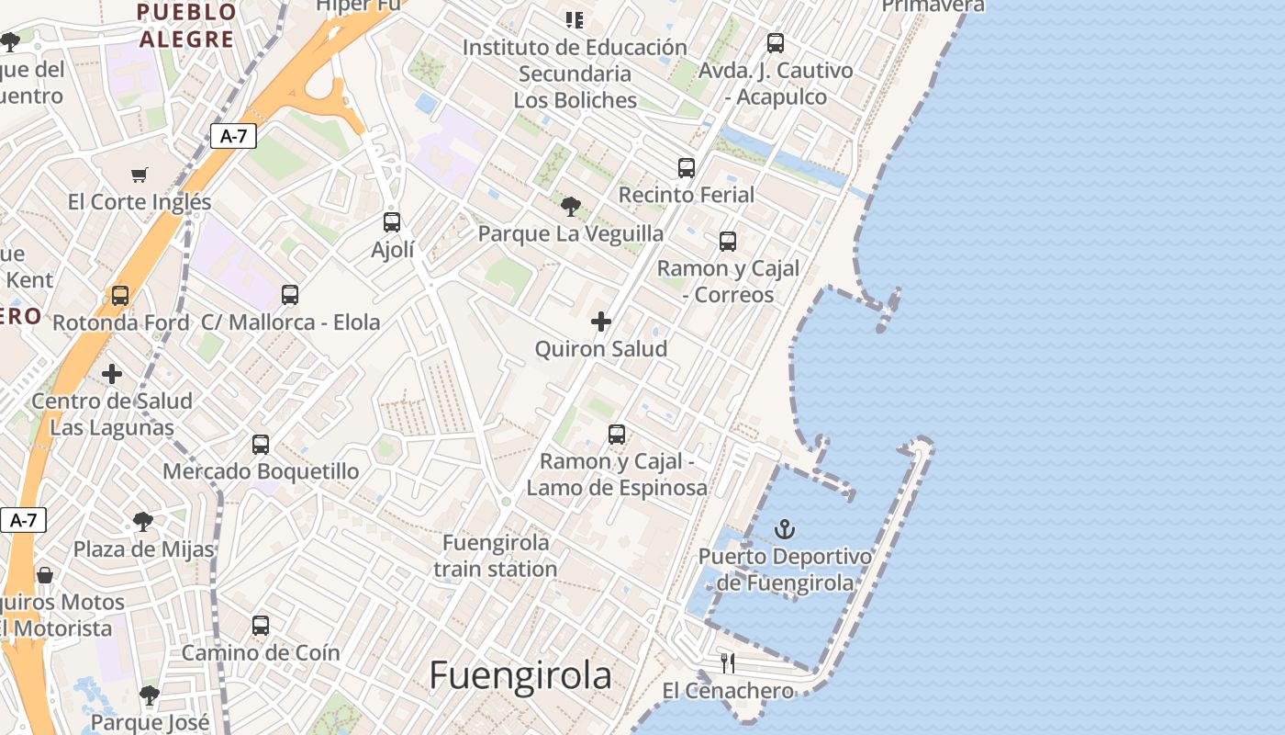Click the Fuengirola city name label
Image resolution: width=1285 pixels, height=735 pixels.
520,675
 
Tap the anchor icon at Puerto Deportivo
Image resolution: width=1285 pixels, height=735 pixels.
785,529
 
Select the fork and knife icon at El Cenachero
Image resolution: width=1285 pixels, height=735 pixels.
728,662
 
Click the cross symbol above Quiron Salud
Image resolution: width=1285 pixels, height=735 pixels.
601,322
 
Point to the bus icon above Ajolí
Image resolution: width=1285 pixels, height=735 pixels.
392,222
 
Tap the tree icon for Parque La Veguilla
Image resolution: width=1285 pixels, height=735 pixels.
571,206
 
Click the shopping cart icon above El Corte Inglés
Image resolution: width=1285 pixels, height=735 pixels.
140,175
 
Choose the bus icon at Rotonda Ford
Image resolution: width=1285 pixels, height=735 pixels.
120,296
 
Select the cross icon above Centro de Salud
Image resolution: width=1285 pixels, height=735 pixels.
112,374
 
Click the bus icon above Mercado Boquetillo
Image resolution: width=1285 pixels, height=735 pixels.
261,445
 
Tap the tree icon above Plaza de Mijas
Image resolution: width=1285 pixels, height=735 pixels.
143,522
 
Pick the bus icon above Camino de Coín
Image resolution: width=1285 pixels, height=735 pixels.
261,626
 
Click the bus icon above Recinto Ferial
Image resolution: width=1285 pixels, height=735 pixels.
687,167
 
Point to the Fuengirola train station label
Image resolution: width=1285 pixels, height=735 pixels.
496,556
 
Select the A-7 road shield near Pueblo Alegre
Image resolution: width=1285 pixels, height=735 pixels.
234,137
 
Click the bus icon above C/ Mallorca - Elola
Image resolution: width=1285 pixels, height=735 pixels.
290,295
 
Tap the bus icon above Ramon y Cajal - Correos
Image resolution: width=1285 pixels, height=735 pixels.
728,242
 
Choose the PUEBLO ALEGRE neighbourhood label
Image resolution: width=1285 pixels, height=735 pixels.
185,26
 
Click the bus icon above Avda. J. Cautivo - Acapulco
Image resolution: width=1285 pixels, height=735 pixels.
776,43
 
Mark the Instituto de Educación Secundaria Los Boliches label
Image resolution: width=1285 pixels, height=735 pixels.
575,73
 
